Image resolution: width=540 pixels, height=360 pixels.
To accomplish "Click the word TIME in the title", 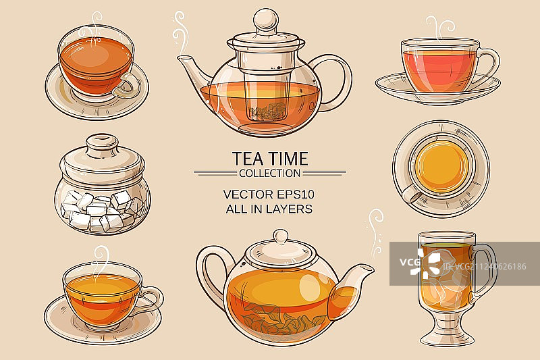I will (x=286, y=159).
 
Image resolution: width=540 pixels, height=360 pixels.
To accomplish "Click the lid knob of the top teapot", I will (x=263, y=18).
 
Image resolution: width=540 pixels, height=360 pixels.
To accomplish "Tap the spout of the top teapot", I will (x=192, y=67).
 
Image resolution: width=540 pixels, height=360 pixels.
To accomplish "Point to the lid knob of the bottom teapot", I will (x=281, y=236).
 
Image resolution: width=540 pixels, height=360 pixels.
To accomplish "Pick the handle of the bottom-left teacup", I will (x=153, y=297).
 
